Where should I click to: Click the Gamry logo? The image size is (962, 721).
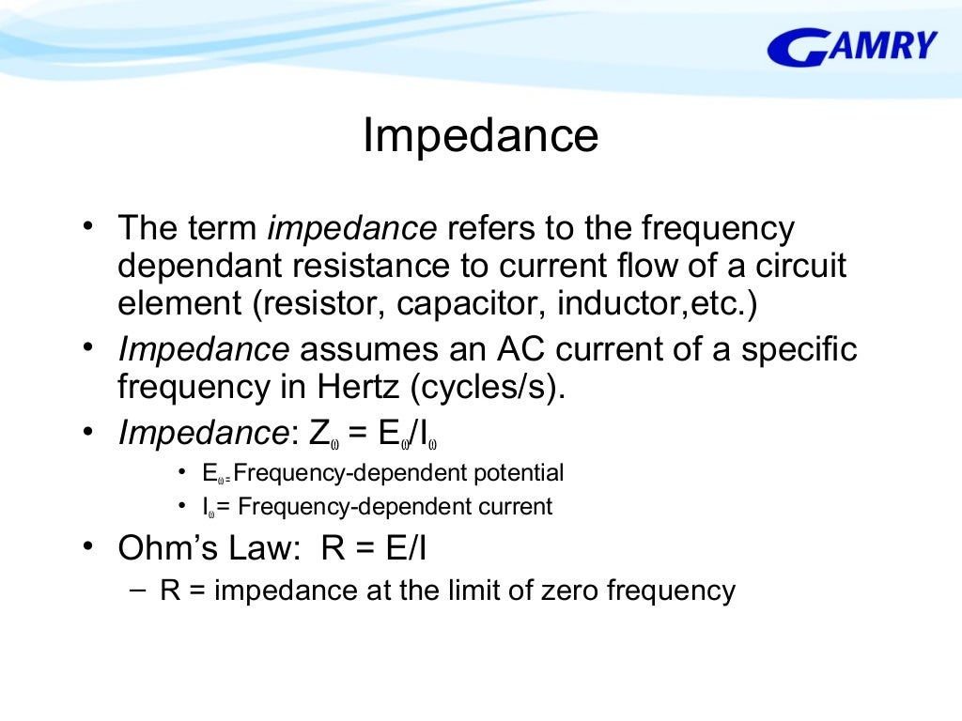tap(853, 46)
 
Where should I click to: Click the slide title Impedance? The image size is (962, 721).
tap(480, 136)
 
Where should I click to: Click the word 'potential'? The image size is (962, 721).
tap(520, 472)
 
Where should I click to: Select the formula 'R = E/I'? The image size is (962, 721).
tap(374, 548)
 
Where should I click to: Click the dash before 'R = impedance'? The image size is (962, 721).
tap(137, 589)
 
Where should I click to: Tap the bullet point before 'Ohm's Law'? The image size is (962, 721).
tap(87, 546)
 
